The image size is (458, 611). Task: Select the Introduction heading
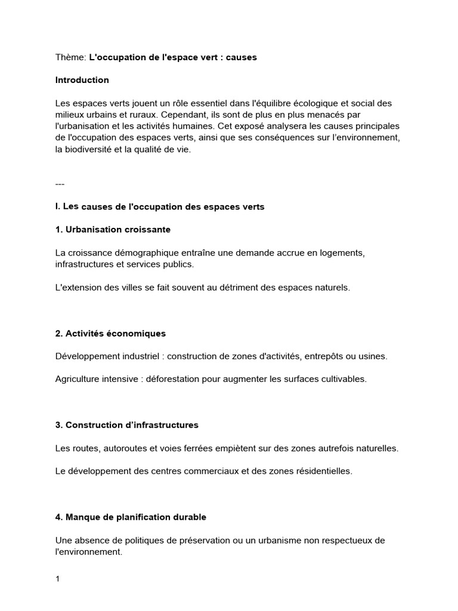tap(82, 80)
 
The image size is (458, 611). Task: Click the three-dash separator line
tap(60, 184)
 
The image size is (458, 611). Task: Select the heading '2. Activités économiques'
tap(110, 333)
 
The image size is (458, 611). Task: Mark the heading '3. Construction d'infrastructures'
tap(126, 425)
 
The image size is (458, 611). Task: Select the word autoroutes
tap(128, 448)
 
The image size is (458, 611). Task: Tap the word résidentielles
tap(322, 471)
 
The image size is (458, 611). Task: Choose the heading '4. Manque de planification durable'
tap(131, 517)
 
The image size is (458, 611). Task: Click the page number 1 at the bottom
tap(57, 578)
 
